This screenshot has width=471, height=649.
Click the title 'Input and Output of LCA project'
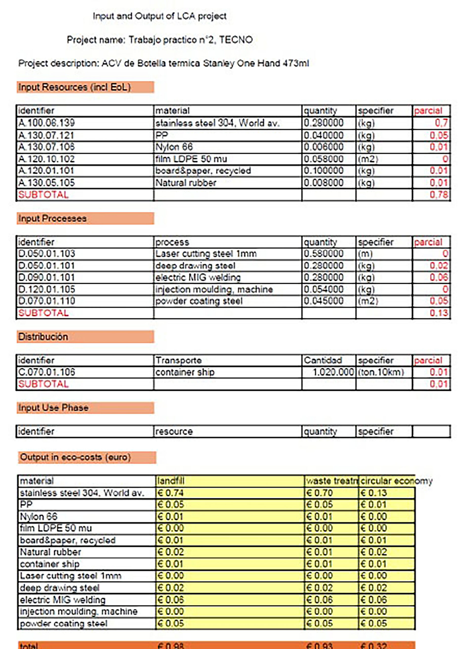[159, 16]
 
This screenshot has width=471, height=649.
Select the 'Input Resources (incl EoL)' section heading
[74, 87]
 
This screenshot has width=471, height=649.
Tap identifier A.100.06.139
[46, 123]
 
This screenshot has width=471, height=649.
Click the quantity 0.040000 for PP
[323, 135]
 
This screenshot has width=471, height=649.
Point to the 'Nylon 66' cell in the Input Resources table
[174, 147]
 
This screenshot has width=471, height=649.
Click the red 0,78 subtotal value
[438, 195]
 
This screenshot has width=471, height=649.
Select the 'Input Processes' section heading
[52, 219]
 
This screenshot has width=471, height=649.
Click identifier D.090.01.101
[46, 278]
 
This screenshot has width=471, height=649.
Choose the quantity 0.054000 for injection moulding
[323, 289]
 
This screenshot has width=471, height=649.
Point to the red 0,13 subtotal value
[438, 313]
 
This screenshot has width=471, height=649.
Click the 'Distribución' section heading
[43, 337]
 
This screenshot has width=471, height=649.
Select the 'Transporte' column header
[178, 360]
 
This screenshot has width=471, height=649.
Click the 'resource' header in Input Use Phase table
[174, 431]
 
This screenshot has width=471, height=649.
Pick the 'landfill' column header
[171, 481]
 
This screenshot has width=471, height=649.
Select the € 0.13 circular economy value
[373, 493]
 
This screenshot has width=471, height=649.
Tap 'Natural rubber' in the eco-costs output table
[50, 552]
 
